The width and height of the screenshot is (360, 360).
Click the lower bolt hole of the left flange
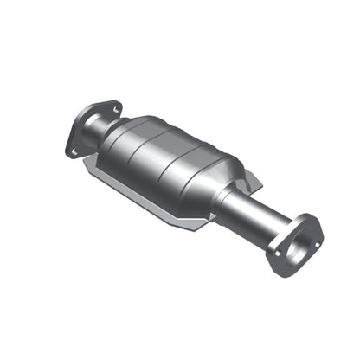pos(74,150)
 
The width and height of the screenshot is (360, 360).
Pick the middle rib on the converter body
pos(170,162)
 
